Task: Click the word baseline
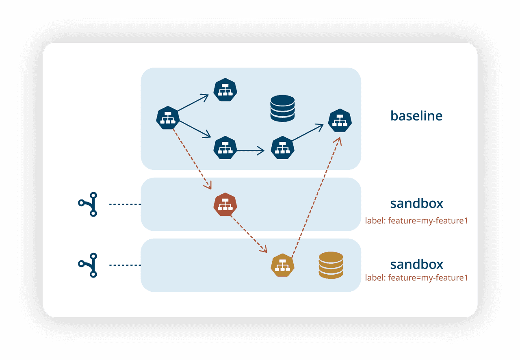coord(416,116)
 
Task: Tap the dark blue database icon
coord(282,108)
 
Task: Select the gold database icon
coord(331,265)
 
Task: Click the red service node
coord(225,204)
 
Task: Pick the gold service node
coord(282,265)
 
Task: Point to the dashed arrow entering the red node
coord(191,158)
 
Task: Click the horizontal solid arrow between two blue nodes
coord(250,151)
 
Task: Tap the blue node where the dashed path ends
coord(340,121)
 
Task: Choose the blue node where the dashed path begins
coord(168,118)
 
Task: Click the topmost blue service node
coord(225,90)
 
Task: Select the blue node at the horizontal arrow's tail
coord(225,148)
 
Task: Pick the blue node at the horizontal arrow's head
coord(282,148)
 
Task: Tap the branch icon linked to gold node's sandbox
coord(88,265)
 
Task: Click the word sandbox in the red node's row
coord(416,203)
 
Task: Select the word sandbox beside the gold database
coord(416,265)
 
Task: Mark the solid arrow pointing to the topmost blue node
coord(193,103)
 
